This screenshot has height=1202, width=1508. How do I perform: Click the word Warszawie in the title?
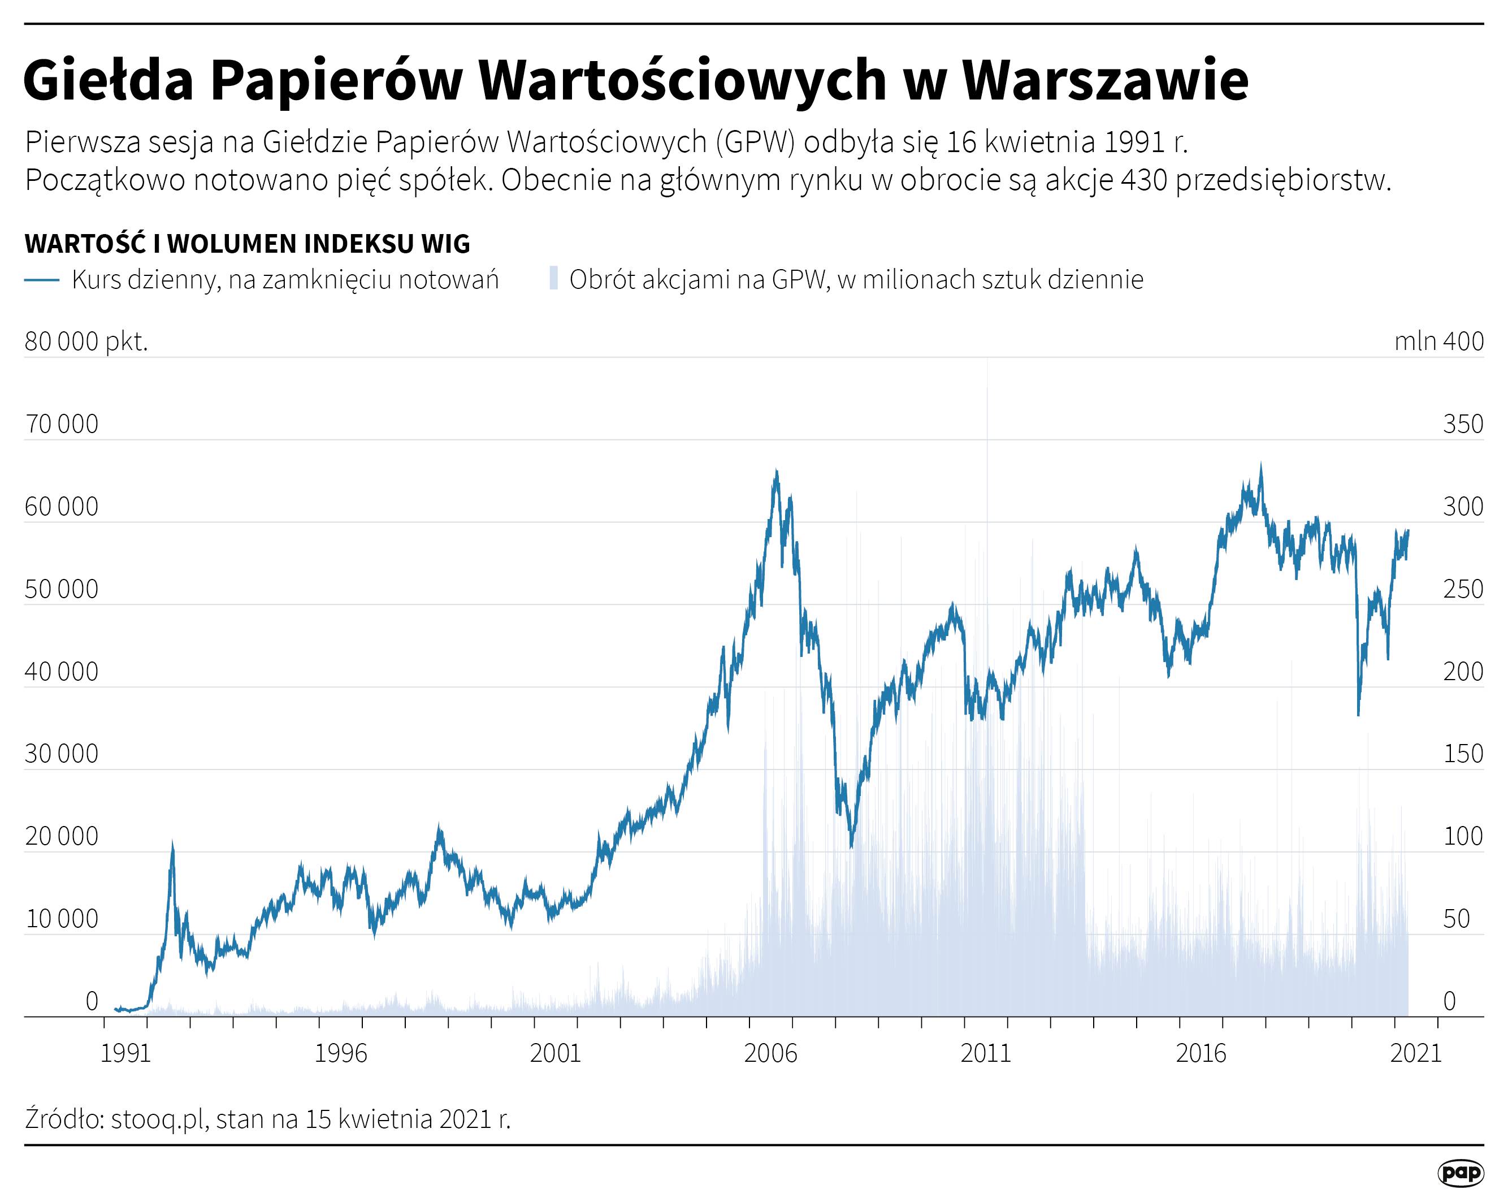[1105, 80]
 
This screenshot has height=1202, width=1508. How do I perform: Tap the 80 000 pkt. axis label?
[86, 341]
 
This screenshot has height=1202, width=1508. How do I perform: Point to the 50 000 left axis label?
[62, 589]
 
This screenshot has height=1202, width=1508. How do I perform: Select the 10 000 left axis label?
[62, 919]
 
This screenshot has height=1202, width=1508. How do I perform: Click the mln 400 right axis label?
[1438, 341]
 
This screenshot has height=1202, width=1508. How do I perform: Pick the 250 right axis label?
[1463, 589]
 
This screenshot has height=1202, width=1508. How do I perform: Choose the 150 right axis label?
[1463, 754]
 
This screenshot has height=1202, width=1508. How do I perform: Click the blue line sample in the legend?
[41, 280]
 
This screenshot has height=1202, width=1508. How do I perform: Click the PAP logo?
[1461, 1173]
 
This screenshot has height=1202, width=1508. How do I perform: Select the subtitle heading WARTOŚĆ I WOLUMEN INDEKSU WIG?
[247, 244]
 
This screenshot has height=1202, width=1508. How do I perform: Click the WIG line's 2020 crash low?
[1358, 714]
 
